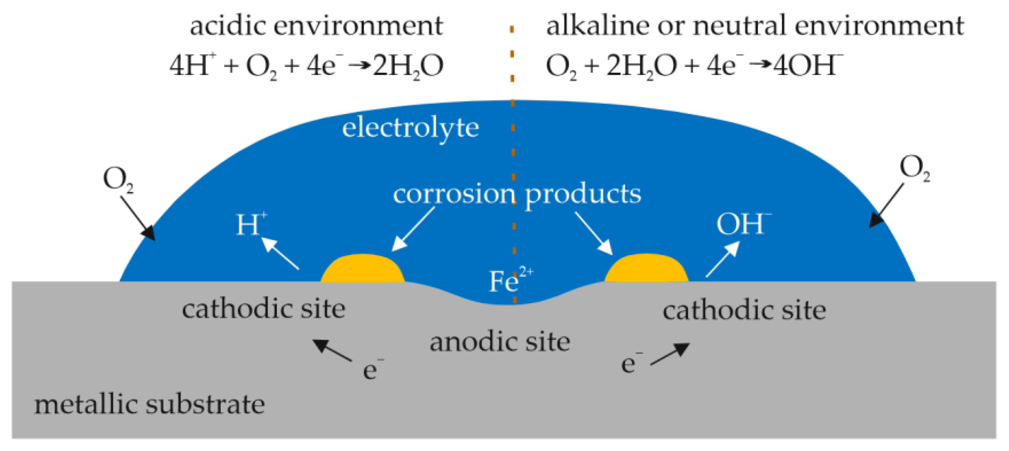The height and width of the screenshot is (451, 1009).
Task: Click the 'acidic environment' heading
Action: (x=316, y=26)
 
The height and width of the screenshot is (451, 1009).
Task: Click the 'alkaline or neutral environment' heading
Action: (x=755, y=26)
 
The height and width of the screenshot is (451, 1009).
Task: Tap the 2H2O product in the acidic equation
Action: (x=408, y=66)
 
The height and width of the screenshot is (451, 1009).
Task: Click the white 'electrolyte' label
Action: (x=410, y=128)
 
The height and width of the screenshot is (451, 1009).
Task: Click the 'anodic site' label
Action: (x=500, y=342)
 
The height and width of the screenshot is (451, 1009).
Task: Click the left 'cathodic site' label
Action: (x=263, y=309)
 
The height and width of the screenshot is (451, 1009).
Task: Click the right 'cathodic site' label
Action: (x=744, y=310)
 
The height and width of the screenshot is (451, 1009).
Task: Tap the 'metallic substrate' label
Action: (x=149, y=404)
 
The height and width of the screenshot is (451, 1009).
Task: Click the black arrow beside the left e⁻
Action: (x=331, y=350)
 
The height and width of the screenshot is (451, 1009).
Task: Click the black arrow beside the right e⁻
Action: (x=671, y=353)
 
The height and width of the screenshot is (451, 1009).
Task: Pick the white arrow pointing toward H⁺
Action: (x=280, y=254)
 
